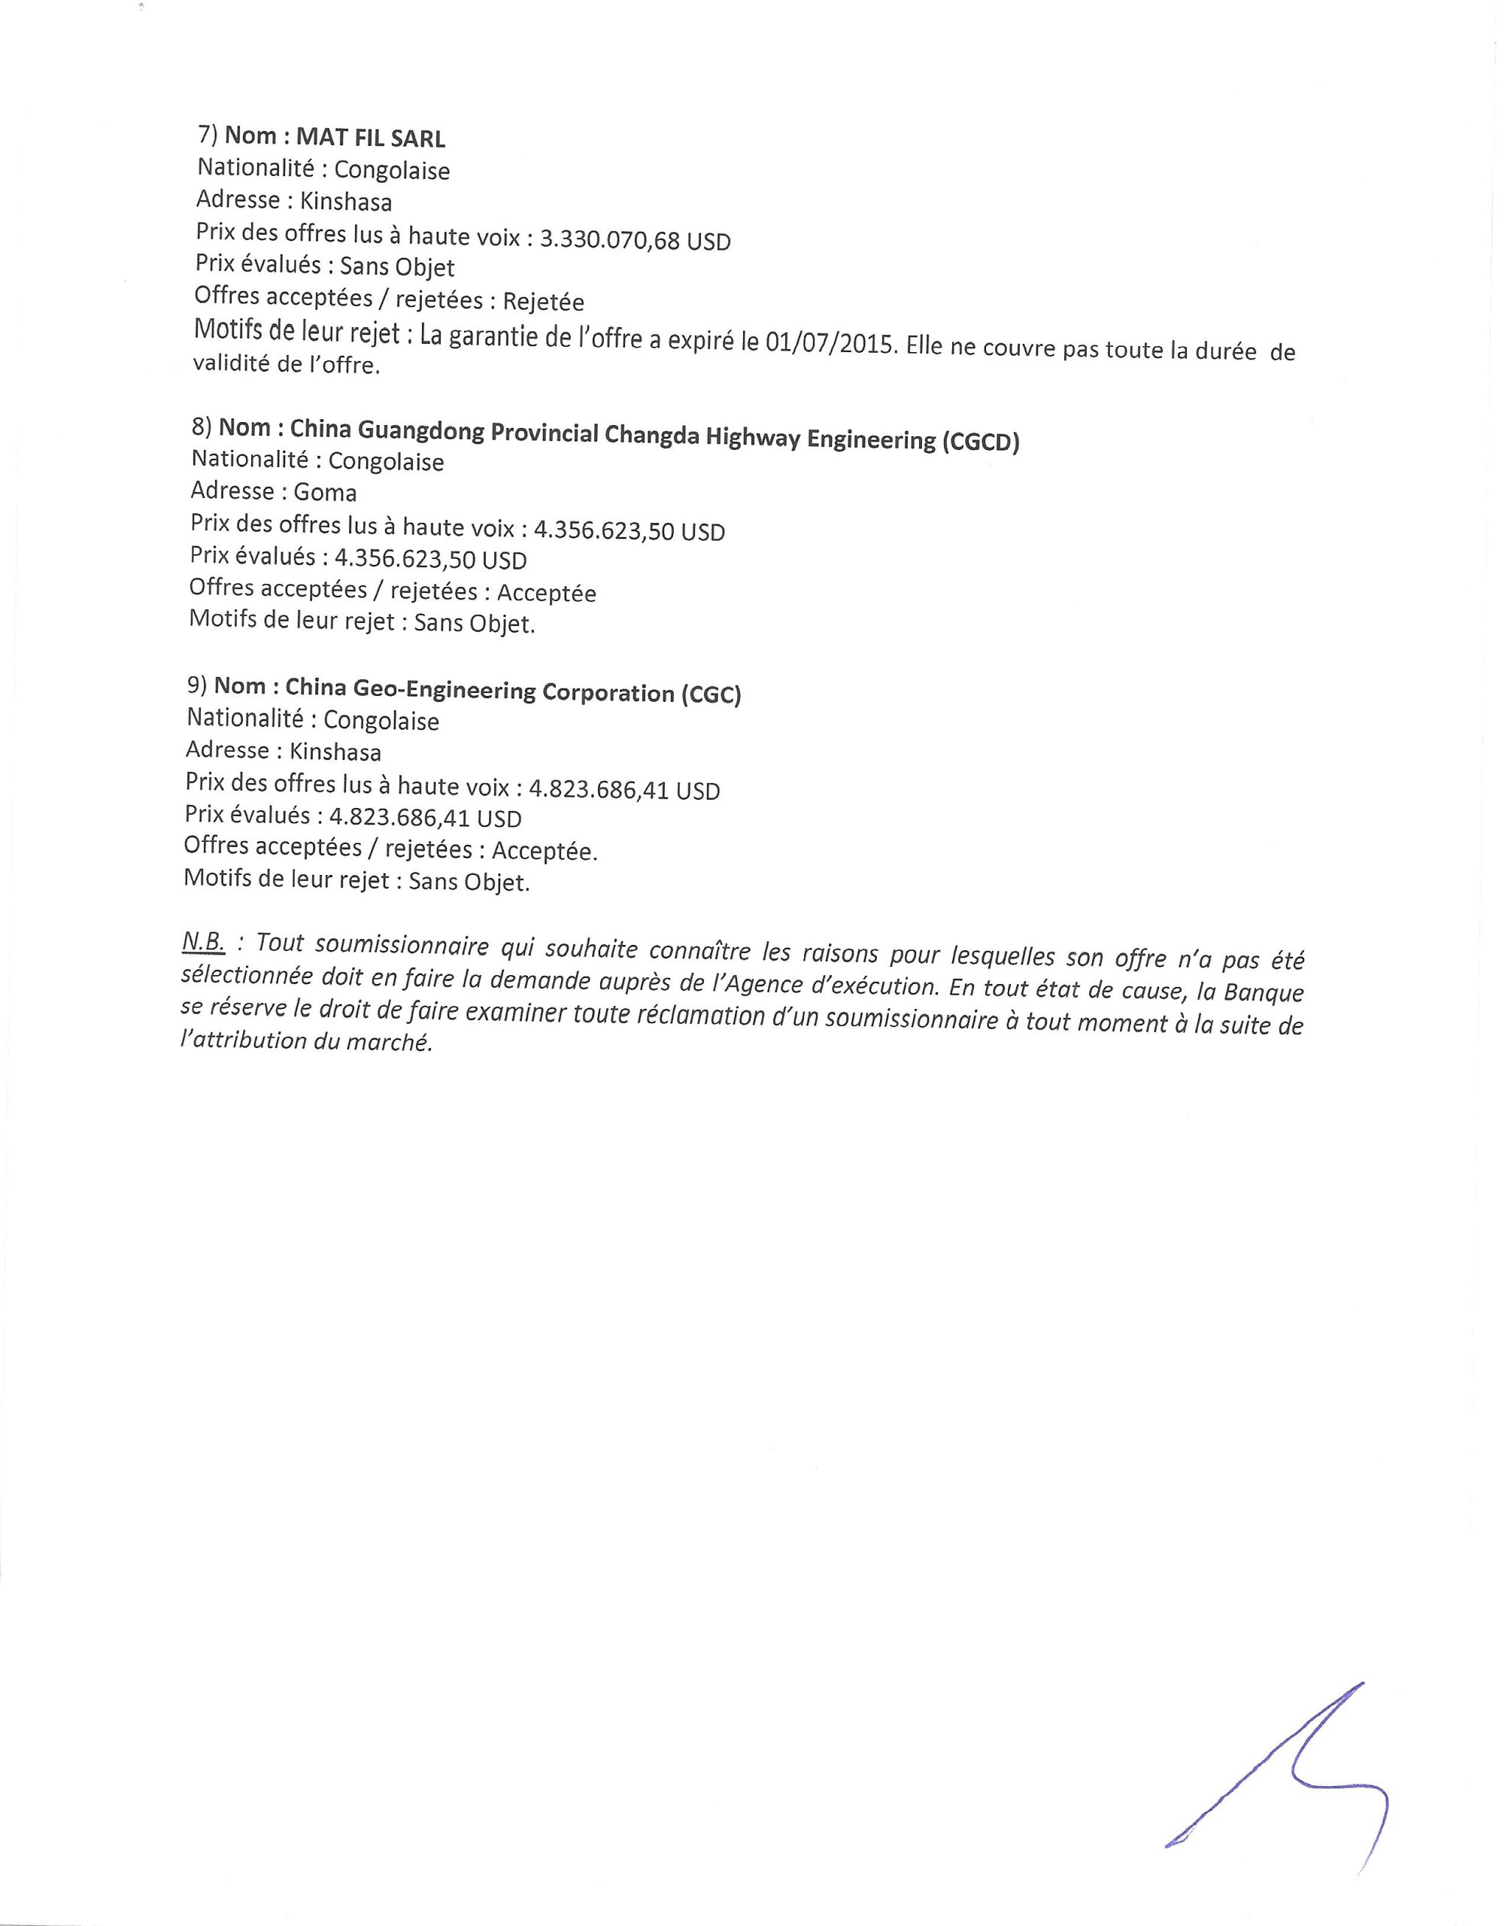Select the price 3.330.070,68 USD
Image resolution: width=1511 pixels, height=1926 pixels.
pyautogui.click(x=636, y=240)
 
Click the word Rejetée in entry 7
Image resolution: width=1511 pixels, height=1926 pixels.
pyautogui.click(x=543, y=302)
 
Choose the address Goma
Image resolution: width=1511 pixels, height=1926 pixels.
pyautogui.click(x=325, y=493)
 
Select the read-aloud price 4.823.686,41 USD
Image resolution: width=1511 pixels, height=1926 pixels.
pyautogui.click(x=624, y=790)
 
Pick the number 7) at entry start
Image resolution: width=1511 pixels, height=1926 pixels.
pyautogui.click(x=207, y=135)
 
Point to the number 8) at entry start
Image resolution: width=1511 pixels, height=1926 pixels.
pyautogui.click(x=202, y=427)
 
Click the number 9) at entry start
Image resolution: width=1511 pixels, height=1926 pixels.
pyautogui.click(x=196, y=685)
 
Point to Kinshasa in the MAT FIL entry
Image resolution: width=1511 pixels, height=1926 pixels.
pyautogui.click(x=345, y=202)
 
